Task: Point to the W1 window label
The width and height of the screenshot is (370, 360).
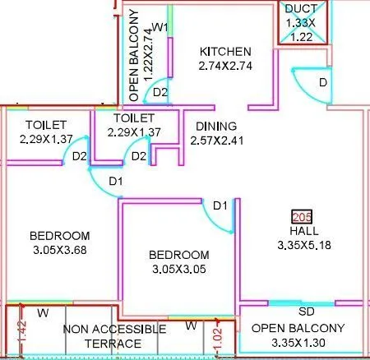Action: [x=160, y=28]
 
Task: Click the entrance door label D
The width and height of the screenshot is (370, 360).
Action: [x=323, y=83]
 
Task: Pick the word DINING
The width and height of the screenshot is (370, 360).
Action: [x=215, y=126]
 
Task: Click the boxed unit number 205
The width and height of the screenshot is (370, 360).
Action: [x=302, y=217]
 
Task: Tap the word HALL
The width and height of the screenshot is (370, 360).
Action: [x=302, y=231]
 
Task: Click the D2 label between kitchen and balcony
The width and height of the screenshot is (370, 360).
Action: [x=161, y=91]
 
